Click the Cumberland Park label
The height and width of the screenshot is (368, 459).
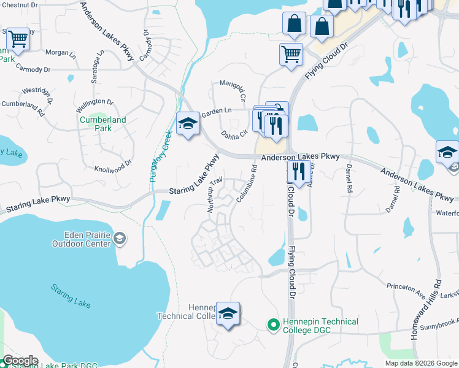click(x=103, y=124)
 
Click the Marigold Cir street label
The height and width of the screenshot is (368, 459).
click(x=232, y=90)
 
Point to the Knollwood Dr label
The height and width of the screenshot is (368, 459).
click(x=113, y=166)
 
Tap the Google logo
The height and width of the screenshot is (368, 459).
click(x=20, y=361)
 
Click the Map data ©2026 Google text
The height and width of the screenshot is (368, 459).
click(x=420, y=363)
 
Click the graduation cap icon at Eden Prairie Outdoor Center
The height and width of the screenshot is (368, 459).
click(x=121, y=238)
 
